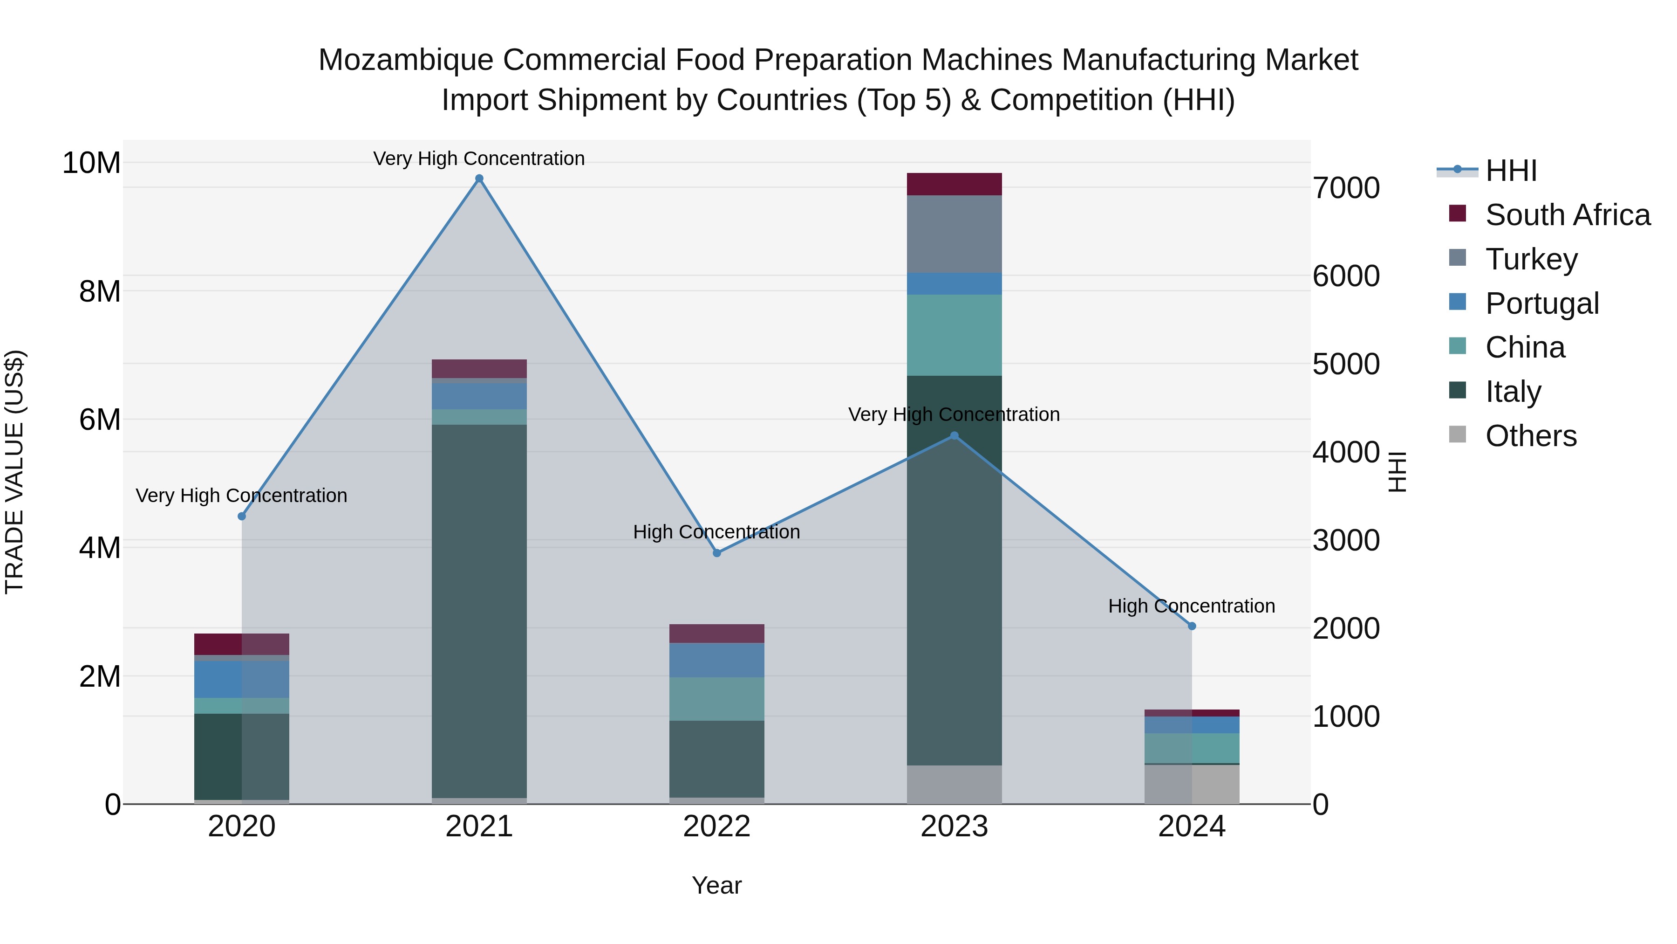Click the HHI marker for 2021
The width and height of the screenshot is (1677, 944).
479,179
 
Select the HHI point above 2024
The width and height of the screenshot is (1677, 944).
1192,626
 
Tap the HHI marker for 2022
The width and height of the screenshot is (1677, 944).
717,553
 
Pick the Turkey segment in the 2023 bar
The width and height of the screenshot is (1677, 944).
954,234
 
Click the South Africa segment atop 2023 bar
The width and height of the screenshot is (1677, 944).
954,184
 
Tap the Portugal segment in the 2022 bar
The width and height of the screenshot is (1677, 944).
717,660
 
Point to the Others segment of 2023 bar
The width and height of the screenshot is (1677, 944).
954,785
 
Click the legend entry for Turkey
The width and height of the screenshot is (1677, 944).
1531,259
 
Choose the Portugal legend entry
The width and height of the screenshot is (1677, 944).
1541,303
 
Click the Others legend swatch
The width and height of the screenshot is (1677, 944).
1458,434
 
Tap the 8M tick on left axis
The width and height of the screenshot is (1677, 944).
100,291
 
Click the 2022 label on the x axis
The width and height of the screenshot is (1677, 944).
717,827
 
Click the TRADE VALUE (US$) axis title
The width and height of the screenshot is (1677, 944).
14,472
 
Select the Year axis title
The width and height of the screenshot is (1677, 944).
717,885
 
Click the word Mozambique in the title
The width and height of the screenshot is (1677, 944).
406,60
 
